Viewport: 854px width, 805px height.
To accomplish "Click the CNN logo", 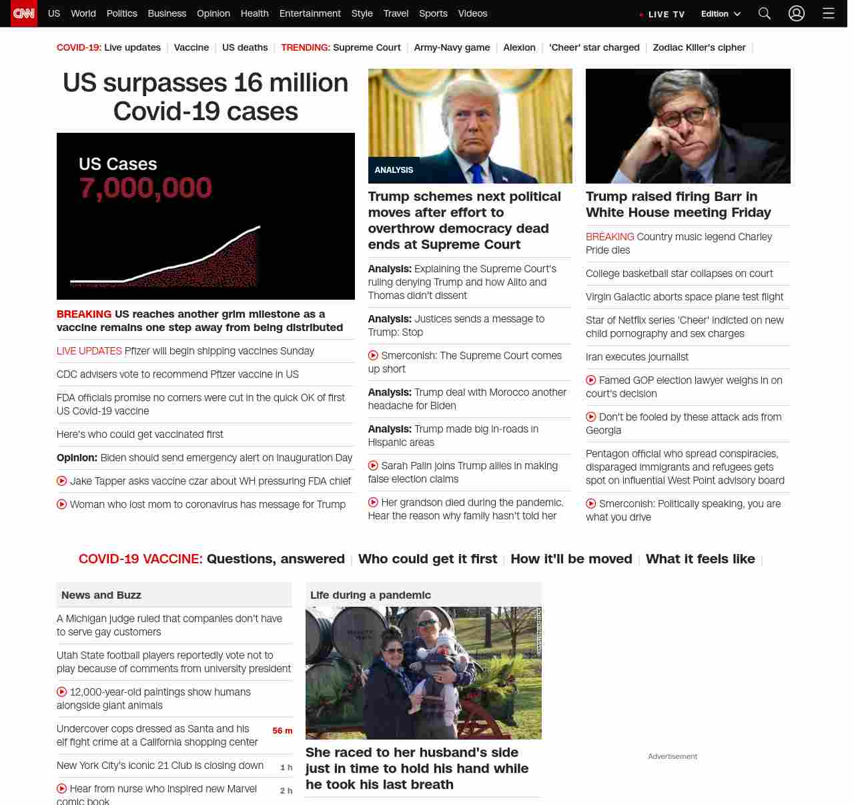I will [24, 13].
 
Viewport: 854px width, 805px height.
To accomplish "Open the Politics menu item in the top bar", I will [121, 13].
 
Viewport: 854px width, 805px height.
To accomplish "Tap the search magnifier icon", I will [765, 13].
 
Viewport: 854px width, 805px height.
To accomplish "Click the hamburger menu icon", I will [829, 13].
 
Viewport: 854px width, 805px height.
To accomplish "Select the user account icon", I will [797, 13].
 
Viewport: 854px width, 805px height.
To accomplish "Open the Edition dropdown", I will [721, 14].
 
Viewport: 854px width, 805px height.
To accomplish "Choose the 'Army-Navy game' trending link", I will [452, 47].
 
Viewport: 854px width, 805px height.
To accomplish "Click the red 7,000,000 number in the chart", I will [145, 188].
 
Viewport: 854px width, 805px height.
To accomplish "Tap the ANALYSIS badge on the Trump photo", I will [394, 170].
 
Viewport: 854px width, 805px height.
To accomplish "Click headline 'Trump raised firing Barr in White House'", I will [678, 204].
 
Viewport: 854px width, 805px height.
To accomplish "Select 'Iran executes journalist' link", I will [637, 357].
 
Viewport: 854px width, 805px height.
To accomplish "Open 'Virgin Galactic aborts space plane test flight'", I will [685, 297].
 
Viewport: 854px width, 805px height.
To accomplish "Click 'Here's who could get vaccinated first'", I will [140, 435].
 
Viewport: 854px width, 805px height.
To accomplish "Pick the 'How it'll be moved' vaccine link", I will [571, 559].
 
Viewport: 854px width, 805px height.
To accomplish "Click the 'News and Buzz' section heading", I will [101, 595].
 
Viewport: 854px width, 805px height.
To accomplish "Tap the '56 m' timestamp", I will [282, 731].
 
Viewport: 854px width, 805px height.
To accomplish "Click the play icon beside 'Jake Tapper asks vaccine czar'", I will [62, 481].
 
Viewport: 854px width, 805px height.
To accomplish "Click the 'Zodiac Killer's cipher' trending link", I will [699, 47].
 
